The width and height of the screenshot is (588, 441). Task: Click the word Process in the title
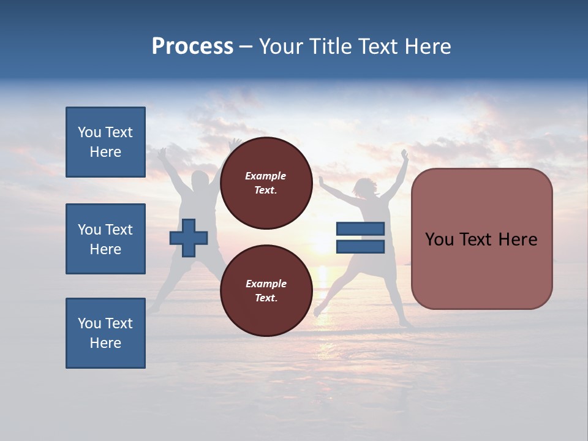(192, 47)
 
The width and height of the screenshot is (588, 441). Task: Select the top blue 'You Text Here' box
(105, 142)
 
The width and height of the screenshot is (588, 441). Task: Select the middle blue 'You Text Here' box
(105, 239)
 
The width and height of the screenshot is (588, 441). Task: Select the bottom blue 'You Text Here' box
(105, 333)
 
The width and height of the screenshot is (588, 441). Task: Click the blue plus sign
(189, 238)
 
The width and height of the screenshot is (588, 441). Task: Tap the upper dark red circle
(266, 183)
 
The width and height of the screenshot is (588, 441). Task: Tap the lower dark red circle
(266, 291)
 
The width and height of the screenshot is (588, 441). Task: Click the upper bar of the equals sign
(360, 229)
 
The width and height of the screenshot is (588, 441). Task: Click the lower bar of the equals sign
(360, 247)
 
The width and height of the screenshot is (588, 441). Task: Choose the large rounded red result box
(481, 239)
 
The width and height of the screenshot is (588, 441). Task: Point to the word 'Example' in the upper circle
(266, 176)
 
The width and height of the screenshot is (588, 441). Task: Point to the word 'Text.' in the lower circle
(266, 298)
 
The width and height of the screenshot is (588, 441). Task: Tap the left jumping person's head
(200, 181)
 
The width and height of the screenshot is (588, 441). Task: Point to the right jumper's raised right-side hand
(404, 153)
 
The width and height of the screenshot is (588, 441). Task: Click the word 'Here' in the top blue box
(105, 152)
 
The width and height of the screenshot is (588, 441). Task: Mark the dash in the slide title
(246, 47)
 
